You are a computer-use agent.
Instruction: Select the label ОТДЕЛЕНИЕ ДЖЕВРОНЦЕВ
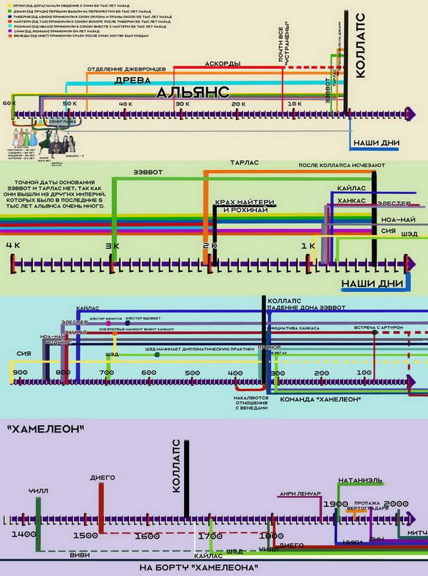(127, 69)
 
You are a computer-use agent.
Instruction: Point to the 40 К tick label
(126, 104)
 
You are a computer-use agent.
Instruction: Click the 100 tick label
(365, 373)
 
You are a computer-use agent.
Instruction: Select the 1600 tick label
(146, 535)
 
